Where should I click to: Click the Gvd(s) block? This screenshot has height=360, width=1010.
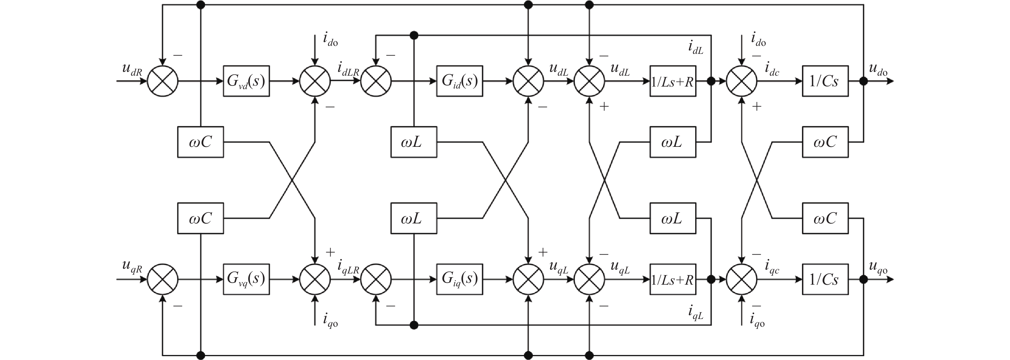click(246, 81)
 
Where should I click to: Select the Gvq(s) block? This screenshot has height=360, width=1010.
click(246, 279)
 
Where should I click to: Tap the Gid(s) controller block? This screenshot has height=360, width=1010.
click(459, 81)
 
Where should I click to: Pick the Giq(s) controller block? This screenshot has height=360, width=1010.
click(459, 279)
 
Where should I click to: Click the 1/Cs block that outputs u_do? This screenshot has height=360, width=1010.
click(825, 81)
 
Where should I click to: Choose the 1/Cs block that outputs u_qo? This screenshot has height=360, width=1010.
click(825, 279)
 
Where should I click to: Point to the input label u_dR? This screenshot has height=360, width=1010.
click(132, 70)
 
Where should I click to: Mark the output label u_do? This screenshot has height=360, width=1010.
click(878, 70)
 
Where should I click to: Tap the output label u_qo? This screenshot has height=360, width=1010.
click(878, 267)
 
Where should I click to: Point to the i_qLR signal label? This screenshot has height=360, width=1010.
click(348, 267)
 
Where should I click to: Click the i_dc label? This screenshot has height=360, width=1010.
click(772, 70)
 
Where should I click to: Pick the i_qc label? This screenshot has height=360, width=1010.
click(772, 267)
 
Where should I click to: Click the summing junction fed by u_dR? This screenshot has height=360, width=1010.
click(163, 81)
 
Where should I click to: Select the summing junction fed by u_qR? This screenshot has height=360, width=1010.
click(163, 279)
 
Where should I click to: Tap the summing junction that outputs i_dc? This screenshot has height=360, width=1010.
click(741, 81)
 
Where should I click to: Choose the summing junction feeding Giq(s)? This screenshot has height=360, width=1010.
click(376, 279)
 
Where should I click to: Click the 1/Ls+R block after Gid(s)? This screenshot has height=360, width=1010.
click(673, 81)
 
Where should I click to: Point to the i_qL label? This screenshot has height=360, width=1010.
click(695, 313)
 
